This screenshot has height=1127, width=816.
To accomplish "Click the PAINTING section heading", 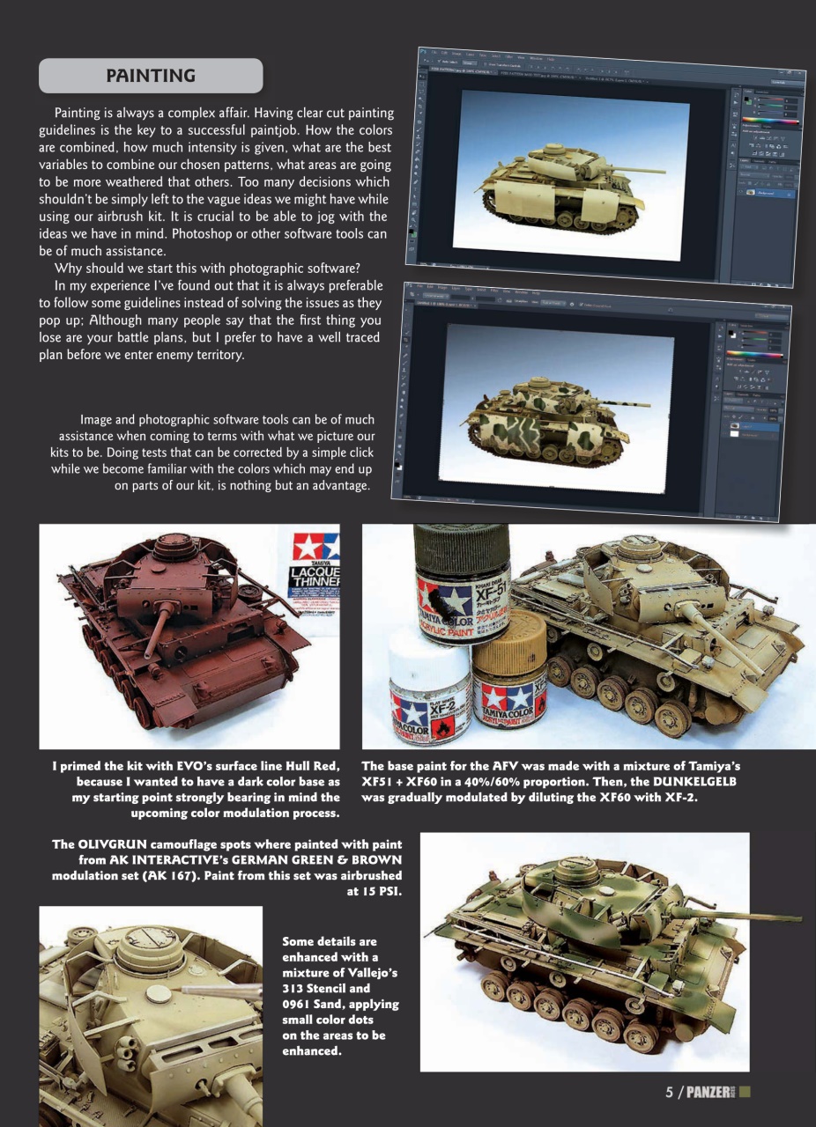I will pos(151,76).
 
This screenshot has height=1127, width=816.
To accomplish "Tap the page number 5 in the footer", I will pos(670,1093).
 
